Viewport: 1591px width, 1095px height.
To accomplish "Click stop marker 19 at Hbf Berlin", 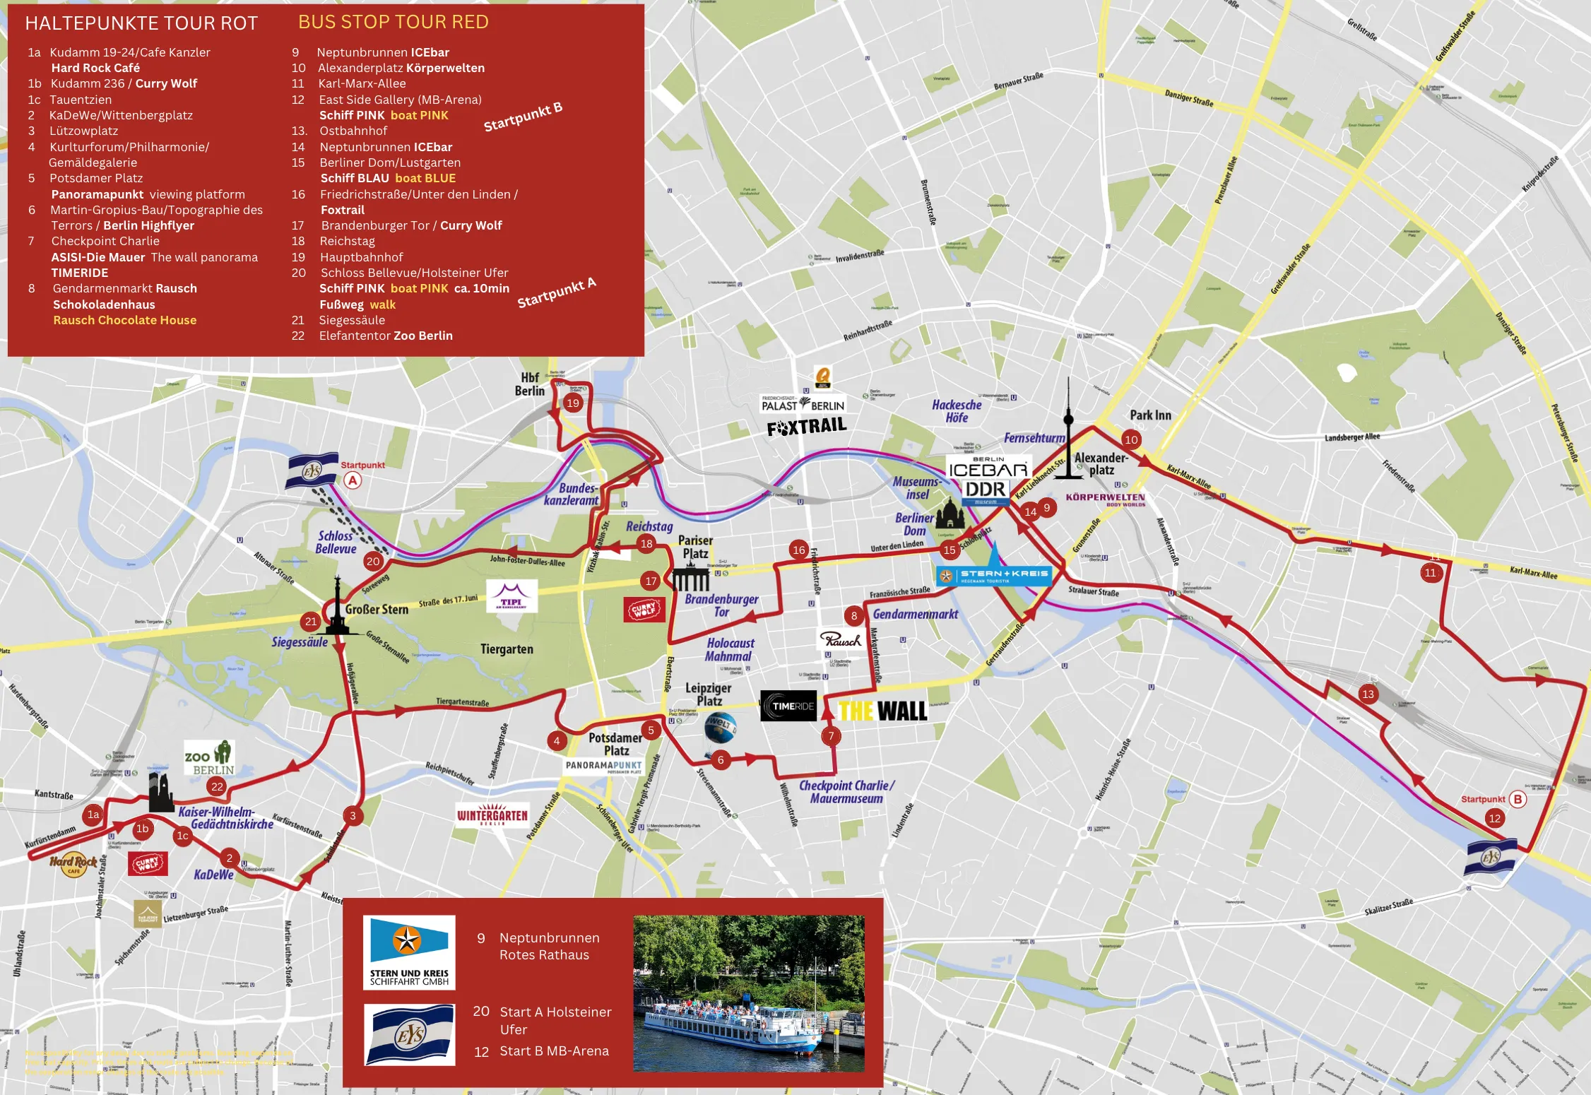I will (572, 403).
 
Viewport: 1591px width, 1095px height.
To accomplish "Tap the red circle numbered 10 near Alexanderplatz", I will (1131, 439).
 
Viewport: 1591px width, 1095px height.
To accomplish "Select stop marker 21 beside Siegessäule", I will (310, 622).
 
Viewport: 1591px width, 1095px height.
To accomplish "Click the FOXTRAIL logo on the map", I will (806, 427).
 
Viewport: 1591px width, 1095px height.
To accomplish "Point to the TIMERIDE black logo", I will (788, 706).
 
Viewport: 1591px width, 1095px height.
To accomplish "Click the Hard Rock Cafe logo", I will (73, 863).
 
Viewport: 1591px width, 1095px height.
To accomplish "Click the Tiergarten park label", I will (507, 649).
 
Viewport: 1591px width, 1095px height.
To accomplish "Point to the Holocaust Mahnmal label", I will (730, 649).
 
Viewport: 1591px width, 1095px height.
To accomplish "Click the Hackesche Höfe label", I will (957, 411).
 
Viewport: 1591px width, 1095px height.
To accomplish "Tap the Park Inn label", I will (1150, 415).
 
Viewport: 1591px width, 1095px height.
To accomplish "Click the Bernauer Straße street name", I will (1018, 81).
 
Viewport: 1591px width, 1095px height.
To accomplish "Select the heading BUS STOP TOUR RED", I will (394, 22).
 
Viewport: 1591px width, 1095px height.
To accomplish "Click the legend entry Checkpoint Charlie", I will (105, 241).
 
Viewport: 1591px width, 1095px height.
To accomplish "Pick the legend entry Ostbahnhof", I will (353, 131).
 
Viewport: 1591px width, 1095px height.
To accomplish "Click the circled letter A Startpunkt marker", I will (353, 480).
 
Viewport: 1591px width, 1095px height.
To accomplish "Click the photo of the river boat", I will (748, 993).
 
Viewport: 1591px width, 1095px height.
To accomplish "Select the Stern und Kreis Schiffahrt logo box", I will (409, 952).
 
